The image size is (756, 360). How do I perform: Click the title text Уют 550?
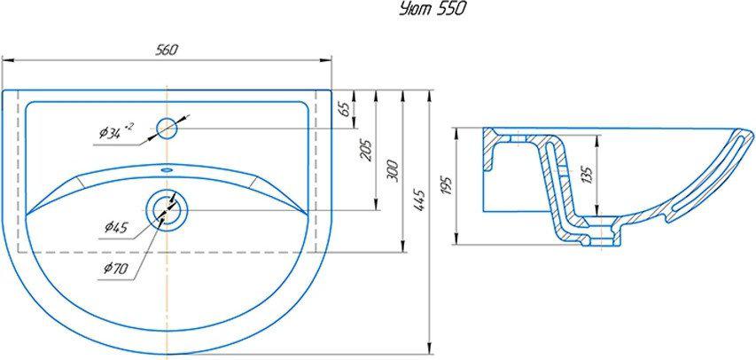pyautogui.click(x=432, y=10)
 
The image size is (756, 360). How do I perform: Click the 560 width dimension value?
pyautogui.click(x=168, y=50)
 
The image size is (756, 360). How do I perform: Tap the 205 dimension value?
pyautogui.click(x=366, y=150)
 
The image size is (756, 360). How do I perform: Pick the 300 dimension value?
pyautogui.click(x=393, y=171)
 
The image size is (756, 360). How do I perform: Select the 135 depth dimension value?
pyautogui.click(x=587, y=176)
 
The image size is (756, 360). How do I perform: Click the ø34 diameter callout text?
pyautogui.click(x=116, y=130)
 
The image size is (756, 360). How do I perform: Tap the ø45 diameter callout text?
pyautogui.click(x=116, y=226)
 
